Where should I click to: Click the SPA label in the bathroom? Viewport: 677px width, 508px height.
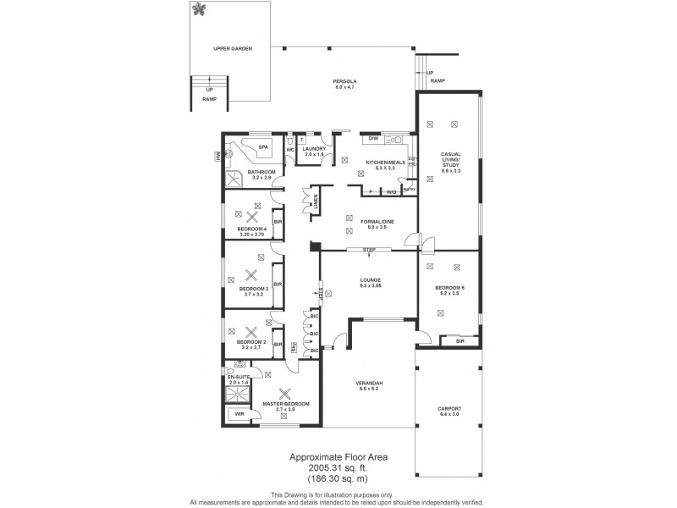click(x=263, y=147)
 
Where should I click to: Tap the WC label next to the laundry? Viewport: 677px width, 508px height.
click(x=289, y=150)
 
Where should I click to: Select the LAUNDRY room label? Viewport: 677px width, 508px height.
click(x=315, y=149)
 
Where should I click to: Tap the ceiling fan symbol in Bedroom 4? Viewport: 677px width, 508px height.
click(x=251, y=217)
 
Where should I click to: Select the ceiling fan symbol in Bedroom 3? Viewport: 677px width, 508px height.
click(x=251, y=274)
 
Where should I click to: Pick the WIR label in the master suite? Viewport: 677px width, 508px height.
click(x=239, y=414)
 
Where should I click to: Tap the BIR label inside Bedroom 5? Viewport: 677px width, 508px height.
click(x=460, y=340)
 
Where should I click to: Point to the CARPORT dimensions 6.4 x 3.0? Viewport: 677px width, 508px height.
click(x=449, y=415)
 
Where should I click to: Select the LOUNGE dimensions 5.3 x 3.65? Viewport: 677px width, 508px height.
click(x=370, y=287)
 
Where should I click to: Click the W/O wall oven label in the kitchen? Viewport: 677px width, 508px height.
click(x=392, y=192)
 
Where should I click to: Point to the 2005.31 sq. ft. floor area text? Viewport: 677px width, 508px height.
click(x=338, y=467)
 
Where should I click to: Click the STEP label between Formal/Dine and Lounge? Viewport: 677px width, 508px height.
click(x=369, y=250)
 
